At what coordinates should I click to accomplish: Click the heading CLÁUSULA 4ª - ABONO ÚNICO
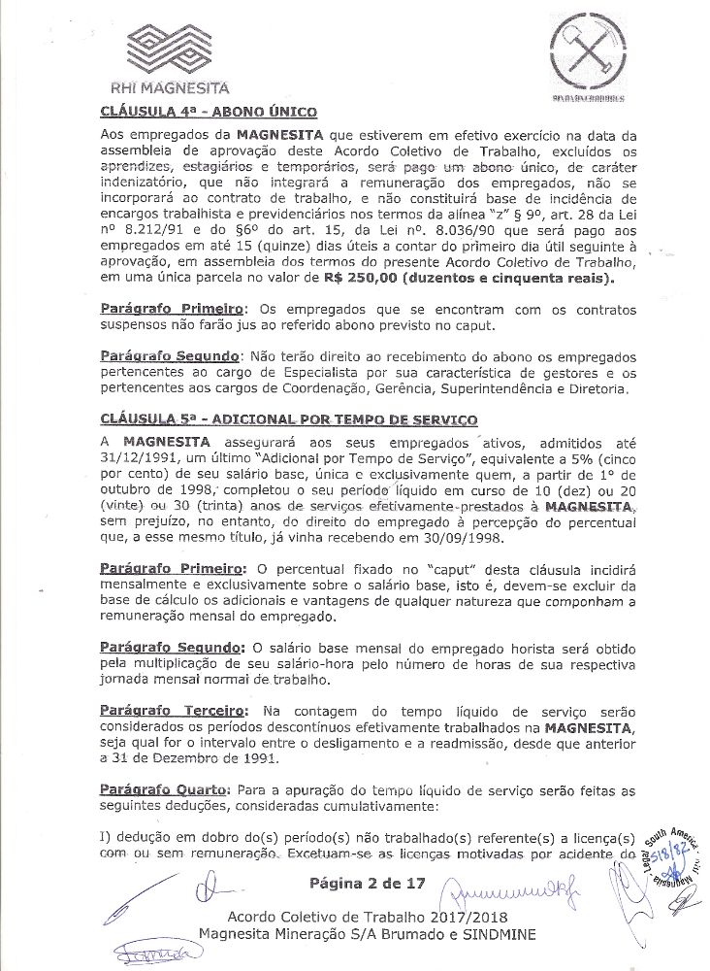[x=203, y=111]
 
